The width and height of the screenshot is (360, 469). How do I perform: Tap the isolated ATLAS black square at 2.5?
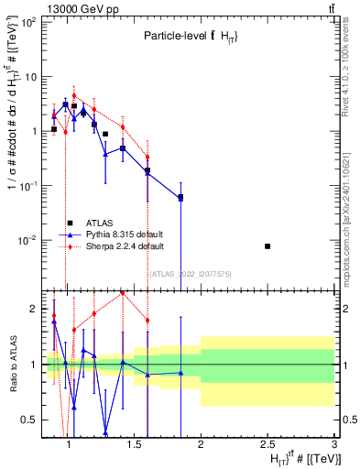[267, 246]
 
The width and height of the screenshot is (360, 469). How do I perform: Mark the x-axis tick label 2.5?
[267, 444]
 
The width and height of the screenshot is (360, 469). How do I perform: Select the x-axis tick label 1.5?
[133, 444]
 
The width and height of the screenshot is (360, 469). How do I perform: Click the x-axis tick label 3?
[334, 444]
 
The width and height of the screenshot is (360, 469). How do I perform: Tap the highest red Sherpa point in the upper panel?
[74, 95]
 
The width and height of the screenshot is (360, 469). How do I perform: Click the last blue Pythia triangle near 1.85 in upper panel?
[180, 198]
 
